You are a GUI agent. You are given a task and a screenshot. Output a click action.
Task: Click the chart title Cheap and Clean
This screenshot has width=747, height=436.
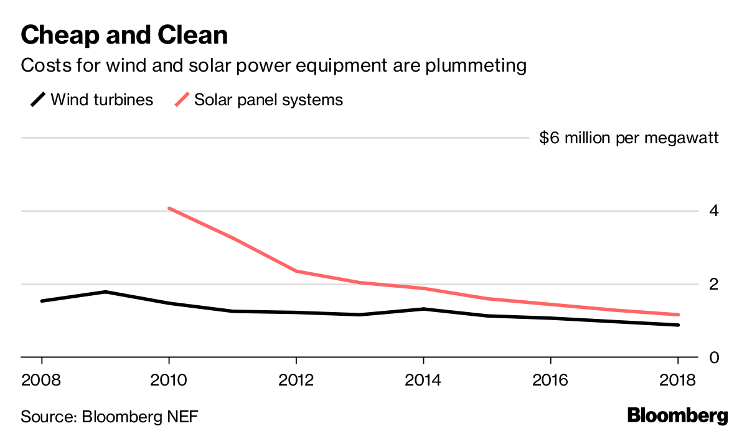(124, 36)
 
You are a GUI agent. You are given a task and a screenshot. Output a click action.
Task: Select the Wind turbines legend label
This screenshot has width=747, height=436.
(101, 100)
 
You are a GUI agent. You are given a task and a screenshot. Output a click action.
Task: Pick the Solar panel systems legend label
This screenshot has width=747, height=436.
(268, 100)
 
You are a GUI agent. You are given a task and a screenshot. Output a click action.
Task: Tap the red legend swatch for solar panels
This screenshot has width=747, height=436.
(182, 100)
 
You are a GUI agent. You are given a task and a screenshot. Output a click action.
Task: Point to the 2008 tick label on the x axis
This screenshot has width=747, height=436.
(42, 379)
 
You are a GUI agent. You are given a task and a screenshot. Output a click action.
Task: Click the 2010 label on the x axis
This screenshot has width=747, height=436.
(169, 379)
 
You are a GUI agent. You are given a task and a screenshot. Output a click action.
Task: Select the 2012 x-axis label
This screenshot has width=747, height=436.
(296, 379)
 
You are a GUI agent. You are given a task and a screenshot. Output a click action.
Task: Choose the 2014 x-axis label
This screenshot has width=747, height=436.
(423, 379)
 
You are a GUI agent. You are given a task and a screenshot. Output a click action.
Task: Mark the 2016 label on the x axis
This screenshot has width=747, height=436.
(550, 379)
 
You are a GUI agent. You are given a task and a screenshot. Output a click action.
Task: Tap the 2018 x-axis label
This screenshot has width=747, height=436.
(677, 379)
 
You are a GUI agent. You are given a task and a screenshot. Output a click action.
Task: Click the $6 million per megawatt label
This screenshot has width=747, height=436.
(629, 138)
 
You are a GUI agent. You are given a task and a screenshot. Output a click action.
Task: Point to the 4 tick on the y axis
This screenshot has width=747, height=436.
(713, 211)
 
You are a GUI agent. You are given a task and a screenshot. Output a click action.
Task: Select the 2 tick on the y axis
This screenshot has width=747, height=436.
(713, 284)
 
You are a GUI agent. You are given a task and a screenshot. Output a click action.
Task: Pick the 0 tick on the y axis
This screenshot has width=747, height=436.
(713, 358)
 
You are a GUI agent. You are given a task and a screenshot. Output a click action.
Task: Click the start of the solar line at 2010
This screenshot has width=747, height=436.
(169, 208)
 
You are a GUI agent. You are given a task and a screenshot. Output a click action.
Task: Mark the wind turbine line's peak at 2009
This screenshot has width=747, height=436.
(106, 291)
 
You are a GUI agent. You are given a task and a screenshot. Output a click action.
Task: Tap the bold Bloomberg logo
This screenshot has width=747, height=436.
(677, 415)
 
